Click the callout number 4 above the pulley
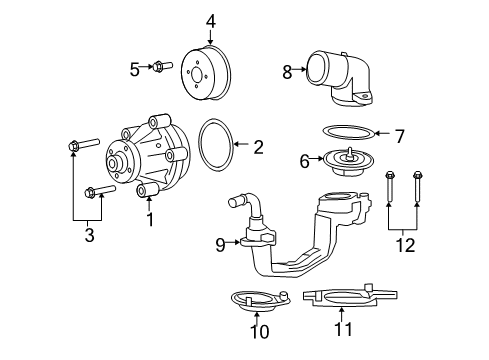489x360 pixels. [x=211, y=22]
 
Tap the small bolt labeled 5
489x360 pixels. [x=162, y=66]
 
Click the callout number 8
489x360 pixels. [x=287, y=72]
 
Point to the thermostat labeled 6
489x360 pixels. [x=348, y=162]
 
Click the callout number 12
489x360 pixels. [x=405, y=245]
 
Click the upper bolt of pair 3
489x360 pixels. [x=83, y=144]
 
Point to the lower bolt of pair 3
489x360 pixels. [x=100, y=191]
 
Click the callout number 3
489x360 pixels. [x=89, y=235]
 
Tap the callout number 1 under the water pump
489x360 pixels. [x=150, y=219]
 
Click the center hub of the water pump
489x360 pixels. [x=113, y=163]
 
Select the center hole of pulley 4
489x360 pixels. [x=195, y=75]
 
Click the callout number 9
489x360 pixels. [x=221, y=245]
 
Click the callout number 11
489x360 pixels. [x=343, y=329]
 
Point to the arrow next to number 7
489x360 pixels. [x=382, y=133]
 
